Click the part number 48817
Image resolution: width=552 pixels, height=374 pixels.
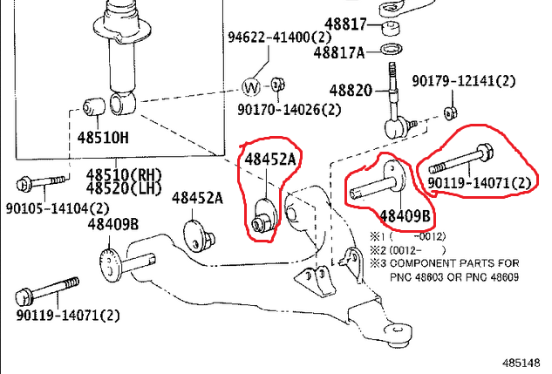click(345, 24)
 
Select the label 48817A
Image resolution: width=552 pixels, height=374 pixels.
click(339, 53)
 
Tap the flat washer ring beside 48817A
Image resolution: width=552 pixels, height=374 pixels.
click(392, 49)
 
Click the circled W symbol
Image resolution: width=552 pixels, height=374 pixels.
click(251, 86)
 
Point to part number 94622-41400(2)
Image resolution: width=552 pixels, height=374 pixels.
click(280, 37)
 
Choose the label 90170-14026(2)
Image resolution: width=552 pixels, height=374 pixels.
click(289, 110)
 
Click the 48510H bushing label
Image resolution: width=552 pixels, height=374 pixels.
click(103, 138)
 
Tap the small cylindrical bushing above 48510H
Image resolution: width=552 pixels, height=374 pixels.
click(93, 106)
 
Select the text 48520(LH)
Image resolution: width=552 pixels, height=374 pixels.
click(124, 188)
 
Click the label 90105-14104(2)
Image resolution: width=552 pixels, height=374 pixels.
click(58, 208)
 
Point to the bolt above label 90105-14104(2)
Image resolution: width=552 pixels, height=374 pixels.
click(41, 183)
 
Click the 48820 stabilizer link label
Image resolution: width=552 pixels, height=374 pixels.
click(351, 91)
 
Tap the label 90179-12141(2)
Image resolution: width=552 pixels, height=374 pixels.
click(464, 81)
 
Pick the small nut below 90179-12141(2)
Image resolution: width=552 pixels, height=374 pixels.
click(450, 113)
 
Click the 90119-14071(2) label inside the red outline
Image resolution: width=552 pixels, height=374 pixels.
click(479, 182)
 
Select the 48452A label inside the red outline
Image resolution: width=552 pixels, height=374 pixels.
click(270, 160)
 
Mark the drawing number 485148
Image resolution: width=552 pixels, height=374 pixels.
click(521, 364)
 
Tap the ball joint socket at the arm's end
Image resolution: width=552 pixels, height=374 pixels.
click(398, 334)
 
